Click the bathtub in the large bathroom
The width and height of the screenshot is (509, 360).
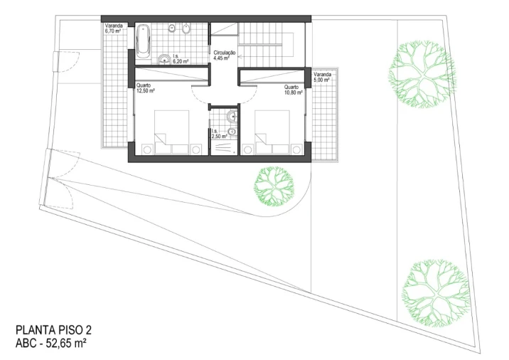pos(142,42)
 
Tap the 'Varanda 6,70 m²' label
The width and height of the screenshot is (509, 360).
pos(113,28)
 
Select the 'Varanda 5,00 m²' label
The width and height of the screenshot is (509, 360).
pos(322,77)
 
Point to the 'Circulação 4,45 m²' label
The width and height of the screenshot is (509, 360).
pos(225,55)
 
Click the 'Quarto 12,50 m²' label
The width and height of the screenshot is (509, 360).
pos(146,88)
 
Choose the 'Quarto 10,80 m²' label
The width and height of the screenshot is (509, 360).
pos(293,90)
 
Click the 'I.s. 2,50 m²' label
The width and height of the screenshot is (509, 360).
pos(219,134)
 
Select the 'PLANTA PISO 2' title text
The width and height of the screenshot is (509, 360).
pos(53,330)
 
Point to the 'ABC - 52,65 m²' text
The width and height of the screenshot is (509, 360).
pos(51,343)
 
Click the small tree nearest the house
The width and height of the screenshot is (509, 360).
pos(274,186)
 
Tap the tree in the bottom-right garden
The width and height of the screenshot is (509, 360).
pos(436,292)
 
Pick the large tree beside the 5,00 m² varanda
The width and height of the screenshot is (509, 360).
pos(422,74)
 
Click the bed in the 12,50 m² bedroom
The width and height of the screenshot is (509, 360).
pos(172,132)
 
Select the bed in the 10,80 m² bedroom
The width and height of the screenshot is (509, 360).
pos(272,132)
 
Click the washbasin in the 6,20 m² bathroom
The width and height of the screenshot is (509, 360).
pos(164,60)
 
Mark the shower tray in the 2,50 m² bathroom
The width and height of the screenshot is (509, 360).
pos(224,147)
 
